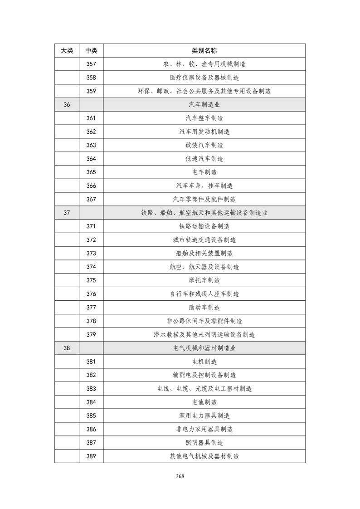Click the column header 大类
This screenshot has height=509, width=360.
[67, 50]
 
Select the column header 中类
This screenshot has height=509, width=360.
[91, 50]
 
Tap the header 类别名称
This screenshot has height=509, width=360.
[204, 50]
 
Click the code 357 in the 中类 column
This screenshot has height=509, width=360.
[91, 64]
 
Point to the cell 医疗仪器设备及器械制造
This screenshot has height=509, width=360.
[204, 78]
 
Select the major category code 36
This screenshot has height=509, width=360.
[67, 104]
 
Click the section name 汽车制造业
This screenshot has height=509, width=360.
[204, 104]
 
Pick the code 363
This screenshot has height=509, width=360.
[91, 145]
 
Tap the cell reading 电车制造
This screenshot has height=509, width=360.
[204, 172]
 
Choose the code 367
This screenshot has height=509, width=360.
[91, 199]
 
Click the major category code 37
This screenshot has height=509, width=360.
[67, 213]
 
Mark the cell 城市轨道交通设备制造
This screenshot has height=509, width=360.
[204, 240]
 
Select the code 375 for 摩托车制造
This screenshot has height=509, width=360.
[91, 280]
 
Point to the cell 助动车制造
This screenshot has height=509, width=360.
[204, 307]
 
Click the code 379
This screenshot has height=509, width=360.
[91, 334]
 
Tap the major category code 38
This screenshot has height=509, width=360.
[67, 348]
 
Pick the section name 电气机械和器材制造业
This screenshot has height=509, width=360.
[204, 348]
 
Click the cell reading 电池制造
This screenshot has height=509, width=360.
[204, 402]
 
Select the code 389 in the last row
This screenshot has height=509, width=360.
[91, 456]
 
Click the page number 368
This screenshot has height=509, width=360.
[180, 476]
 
